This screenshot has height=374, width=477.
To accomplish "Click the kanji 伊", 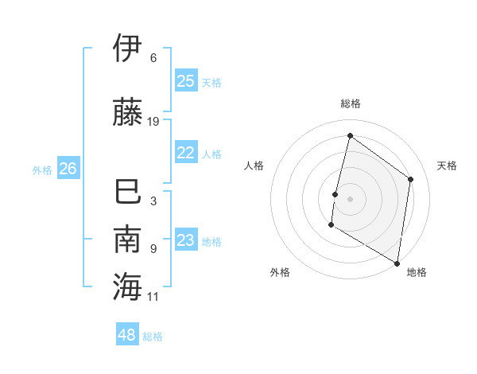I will pos(127,48).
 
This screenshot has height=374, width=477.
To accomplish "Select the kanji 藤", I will pos(127,111).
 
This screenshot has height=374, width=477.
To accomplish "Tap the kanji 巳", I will pos(127,193).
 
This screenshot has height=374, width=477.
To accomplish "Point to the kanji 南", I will pos(127,239).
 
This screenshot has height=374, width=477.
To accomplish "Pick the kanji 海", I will pos(127,286).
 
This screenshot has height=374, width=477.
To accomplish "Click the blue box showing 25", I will pos(186,80).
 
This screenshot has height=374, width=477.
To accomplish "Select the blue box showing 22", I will pos(186,153).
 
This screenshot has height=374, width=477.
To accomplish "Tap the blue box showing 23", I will pos(186,240).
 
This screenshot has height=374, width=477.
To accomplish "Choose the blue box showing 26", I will pos(68,168).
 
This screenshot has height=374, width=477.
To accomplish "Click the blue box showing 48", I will pos(127,335).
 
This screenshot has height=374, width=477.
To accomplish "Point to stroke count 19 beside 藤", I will pos(153,122).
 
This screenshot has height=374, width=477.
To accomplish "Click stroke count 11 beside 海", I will pos(153,297).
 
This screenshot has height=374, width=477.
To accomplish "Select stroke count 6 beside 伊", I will pos(153,58).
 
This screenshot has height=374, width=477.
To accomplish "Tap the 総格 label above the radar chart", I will pos(350,103).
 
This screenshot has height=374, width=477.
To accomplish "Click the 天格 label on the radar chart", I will pos(447,166).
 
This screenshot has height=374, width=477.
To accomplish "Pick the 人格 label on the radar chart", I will pos(254,166).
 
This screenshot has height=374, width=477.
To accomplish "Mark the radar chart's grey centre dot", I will pos(350,199).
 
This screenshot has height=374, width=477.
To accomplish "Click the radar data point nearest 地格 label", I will pos(397,263).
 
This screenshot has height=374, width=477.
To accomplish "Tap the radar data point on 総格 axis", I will pos(350,136).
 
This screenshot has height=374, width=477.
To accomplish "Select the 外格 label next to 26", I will pos(42,169).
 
